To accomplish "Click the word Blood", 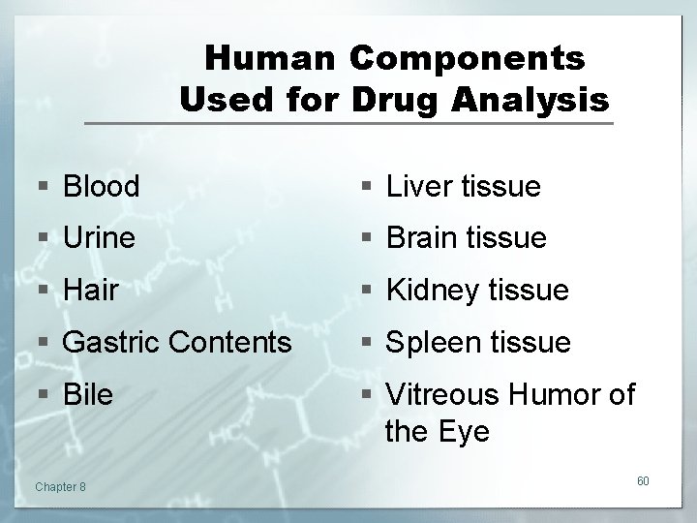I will point(101,186).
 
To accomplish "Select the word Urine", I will point(99,238).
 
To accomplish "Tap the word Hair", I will point(90,291).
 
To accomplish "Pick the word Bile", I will point(88,395).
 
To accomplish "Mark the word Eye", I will point(465,431).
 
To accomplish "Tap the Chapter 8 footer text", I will point(59,485).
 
